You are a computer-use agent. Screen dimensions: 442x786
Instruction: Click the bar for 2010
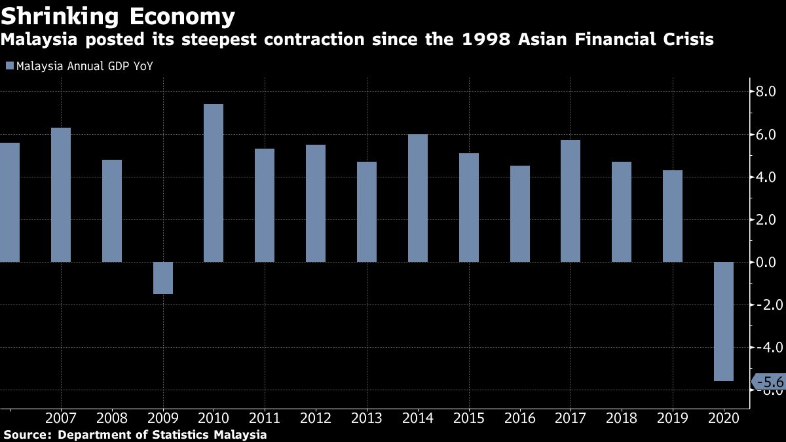click(214, 183)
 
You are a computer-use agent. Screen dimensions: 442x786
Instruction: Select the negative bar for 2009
click(163, 278)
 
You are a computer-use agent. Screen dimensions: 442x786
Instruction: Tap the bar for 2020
click(724, 321)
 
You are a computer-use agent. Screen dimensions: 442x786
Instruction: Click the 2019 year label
click(673, 418)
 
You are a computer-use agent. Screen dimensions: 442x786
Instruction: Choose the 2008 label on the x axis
click(112, 418)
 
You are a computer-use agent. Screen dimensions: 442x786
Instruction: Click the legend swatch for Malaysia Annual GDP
click(9, 65)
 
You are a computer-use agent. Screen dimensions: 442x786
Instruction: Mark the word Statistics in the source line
click(189, 434)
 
